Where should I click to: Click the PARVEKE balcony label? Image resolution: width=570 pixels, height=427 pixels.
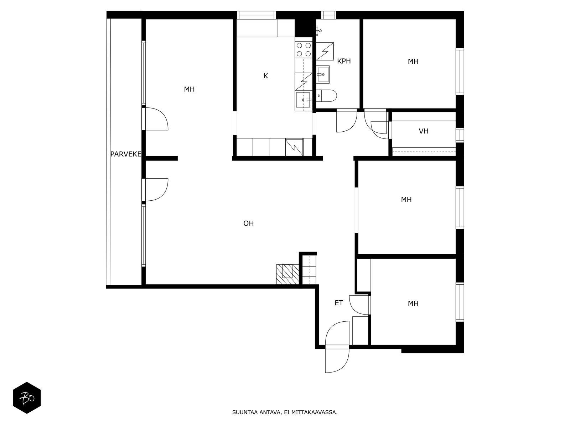point(126,154)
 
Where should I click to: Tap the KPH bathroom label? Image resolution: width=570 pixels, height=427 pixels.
point(344,61)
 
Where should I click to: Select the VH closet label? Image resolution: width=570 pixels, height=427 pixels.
point(424,131)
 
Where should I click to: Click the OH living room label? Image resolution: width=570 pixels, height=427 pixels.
point(249,223)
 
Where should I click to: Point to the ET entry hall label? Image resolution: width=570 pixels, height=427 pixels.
point(339,303)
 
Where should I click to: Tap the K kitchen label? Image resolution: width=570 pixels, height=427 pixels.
point(265,76)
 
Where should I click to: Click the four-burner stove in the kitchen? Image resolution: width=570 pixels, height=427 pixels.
point(304,49)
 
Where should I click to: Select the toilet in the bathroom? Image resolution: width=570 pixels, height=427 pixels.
point(326,95)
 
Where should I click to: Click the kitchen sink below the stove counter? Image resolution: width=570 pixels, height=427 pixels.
point(303,100)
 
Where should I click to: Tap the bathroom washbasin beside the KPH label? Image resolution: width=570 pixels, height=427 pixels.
point(322,74)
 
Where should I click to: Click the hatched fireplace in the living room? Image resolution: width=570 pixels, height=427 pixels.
point(287,275)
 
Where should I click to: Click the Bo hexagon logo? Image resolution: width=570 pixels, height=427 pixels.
point(27,398)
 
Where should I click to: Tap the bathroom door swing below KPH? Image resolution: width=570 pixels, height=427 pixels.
point(347,122)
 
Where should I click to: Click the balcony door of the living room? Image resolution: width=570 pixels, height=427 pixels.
point(155,190)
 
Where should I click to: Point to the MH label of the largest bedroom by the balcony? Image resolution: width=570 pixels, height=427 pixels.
point(189,89)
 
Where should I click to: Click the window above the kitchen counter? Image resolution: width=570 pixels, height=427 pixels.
point(256,15)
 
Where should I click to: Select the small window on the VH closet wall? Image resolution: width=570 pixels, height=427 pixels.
point(460,135)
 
